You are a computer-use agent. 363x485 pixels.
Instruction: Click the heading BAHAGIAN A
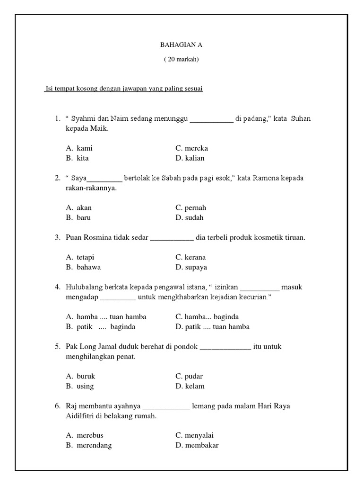coord(181,45)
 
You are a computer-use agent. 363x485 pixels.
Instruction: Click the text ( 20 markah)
coord(181,59)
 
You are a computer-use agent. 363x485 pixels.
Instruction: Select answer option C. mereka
coord(191,148)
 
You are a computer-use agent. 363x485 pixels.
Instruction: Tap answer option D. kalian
coord(190,158)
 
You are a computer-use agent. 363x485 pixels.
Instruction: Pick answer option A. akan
coord(79,207)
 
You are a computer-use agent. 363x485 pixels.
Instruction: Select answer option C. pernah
coord(191,207)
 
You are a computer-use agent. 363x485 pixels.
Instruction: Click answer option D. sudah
coord(190,218)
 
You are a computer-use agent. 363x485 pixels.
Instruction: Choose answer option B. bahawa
coord(83,267)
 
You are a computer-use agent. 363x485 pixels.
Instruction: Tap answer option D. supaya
coord(191,267)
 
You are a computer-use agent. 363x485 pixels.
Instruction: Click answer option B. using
coord(80,386)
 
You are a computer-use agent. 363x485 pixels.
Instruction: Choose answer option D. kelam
coord(190,386)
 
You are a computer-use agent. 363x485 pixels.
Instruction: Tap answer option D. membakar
coord(197,445)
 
